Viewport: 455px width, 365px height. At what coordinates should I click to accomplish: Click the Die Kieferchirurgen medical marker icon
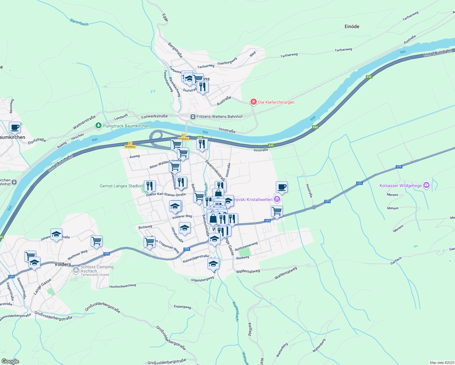coord(253,102)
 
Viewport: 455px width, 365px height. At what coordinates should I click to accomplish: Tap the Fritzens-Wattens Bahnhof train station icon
coord(193,117)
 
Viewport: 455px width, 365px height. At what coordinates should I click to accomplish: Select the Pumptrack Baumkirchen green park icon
coord(98,126)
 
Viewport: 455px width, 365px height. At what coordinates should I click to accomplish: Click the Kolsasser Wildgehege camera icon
coord(426,185)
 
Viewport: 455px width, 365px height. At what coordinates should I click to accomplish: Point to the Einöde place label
coord(352,26)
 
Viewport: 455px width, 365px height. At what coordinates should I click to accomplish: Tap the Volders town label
coord(63,264)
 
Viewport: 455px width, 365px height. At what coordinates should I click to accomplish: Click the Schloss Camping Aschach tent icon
coord(76,269)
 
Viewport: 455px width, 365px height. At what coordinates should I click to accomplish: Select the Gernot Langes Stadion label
coord(121,186)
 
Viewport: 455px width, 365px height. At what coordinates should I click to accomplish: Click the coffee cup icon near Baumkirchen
coord(15,127)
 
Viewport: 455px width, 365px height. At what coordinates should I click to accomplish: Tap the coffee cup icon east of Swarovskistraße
coord(282,187)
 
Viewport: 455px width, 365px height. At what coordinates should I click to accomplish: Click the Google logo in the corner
coord(10,361)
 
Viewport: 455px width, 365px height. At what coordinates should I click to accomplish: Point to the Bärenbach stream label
coord(79,22)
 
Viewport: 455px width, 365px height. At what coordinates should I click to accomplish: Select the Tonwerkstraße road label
coord(154,116)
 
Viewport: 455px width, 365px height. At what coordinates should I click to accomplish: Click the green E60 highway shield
coord(315,127)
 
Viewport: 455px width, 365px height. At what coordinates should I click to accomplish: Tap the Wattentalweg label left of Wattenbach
coord(248,271)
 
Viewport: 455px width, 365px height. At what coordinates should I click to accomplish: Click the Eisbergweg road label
coord(182,307)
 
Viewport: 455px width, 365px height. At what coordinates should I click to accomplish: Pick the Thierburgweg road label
coord(227,61)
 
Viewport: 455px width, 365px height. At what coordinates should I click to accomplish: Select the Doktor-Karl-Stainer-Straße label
coord(166,195)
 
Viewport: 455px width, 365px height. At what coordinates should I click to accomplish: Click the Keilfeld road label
coord(250,329)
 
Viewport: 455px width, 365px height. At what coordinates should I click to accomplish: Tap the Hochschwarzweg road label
coord(123,286)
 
